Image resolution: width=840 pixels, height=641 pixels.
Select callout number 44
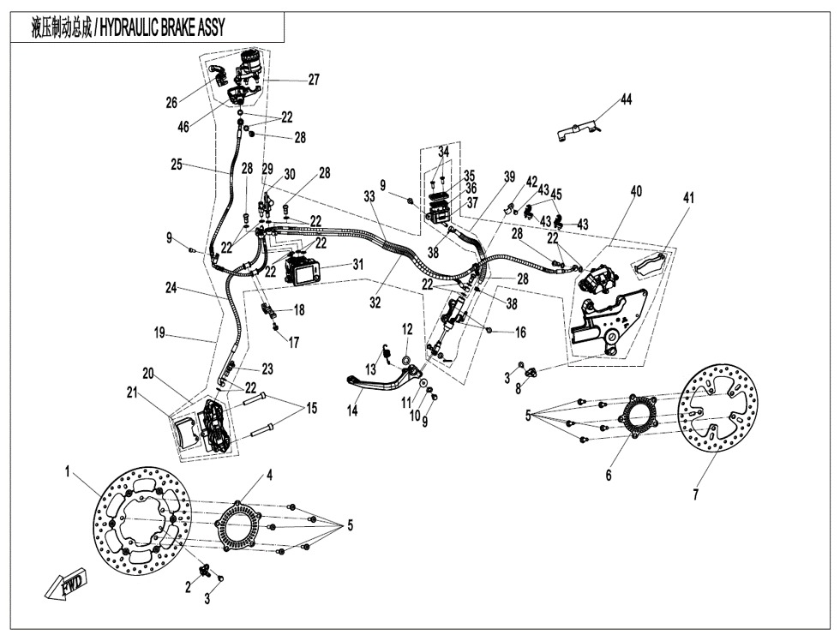[x=627, y=100]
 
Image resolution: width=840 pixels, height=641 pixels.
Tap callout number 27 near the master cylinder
[x=314, y=80]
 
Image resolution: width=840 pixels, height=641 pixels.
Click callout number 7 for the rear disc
[x=695, y=494]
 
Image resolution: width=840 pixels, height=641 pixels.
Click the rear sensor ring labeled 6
[x=639, y=419]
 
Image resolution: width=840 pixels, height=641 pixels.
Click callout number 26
[x=171, y=103]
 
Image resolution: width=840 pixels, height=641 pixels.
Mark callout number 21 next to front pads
[x=132, y=392]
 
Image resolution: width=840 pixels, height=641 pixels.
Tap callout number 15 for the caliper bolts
[x=310, y=409]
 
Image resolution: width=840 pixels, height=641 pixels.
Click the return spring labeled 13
[x=387, y=350]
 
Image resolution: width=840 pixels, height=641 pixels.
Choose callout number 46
[x=183, y=127]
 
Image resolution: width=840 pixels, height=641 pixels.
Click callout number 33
[x=369, y=196]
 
